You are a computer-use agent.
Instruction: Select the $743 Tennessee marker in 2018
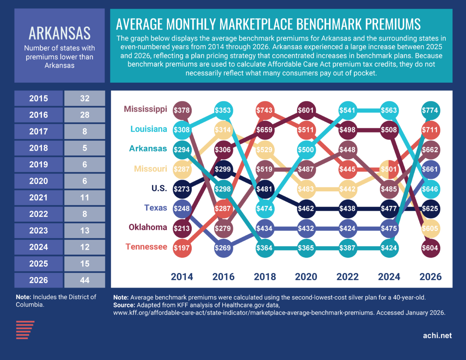coord(265,110)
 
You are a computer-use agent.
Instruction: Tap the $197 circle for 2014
coord(182,248)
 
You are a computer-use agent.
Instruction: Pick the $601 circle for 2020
coord(306,110)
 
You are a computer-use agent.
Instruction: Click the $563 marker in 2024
coord(389,110)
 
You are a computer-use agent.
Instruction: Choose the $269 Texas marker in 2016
coord(223,248)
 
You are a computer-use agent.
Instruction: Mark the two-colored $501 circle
coord(389,169)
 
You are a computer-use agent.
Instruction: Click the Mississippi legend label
coord(145,109)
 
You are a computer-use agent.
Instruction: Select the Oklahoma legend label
coord(147,227)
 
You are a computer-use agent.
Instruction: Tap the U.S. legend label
coord(159,188)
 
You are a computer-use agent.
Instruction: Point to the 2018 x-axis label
coord(265,276)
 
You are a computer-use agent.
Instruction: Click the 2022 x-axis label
coord(347,276)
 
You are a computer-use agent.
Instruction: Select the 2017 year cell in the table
coord(38,132)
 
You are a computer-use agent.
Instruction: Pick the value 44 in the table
coord(84,280)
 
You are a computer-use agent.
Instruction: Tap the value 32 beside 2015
coord(84,98)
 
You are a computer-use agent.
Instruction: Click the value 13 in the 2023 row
coord(84,231)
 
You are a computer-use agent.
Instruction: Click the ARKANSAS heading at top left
coord(59,34)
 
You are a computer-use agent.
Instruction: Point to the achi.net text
coord(437,336)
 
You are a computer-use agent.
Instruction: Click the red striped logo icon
coord(25,330)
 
